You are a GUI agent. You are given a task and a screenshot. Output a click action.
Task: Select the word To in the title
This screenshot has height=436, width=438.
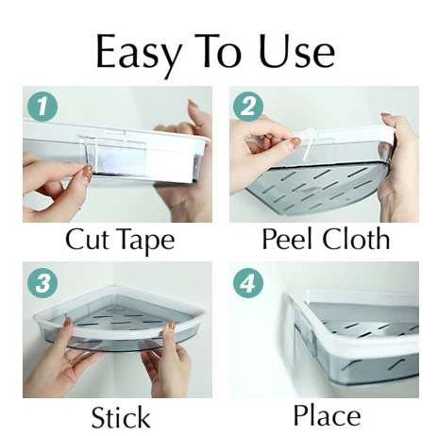tap(218, 51)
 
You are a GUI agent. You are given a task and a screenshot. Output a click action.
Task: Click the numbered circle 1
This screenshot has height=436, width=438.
tap(42, 106)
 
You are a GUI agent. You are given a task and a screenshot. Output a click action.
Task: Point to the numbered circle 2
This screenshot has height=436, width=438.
tap(248, 107)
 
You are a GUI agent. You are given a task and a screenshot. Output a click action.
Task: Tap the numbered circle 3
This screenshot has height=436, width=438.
tap(42, 282)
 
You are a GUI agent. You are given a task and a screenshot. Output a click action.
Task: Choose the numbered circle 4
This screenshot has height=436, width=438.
tap(248, 283)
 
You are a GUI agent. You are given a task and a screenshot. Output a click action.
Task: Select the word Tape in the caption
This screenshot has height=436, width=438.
tap(145, 242)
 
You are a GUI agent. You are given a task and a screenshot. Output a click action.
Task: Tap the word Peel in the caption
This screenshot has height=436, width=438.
tap(289, 239)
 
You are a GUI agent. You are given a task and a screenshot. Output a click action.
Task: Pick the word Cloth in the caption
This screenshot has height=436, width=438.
tap(357, 239)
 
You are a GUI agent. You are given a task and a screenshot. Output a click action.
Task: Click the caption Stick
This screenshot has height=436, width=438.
tap(121, 416)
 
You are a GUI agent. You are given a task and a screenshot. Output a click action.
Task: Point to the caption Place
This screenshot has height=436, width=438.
tap(327, 415)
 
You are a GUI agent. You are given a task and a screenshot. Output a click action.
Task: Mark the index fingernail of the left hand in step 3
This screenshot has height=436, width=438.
tap(68, 322)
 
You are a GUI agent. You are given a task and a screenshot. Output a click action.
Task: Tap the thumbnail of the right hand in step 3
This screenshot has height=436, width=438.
tap(172, 326)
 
